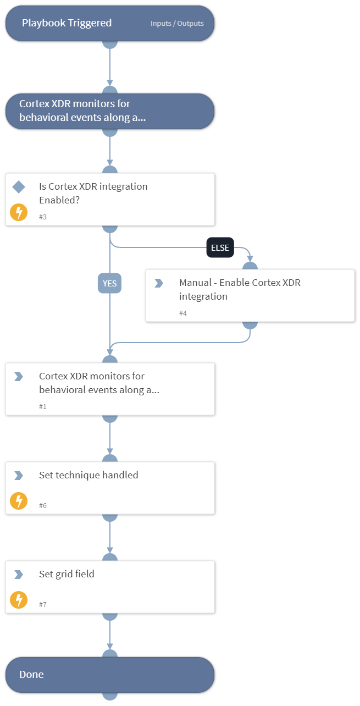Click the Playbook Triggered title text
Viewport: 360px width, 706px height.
[67, 23]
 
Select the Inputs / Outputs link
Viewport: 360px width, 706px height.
[177, 24]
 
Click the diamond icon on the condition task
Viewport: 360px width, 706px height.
[19, 187]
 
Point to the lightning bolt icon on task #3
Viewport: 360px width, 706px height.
[19, 212]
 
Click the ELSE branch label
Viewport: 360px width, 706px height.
[220, 248]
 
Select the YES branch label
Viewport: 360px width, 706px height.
[110, 283]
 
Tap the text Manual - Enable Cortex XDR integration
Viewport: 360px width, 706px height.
[240, 289]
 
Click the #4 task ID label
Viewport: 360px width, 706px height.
[183, 313]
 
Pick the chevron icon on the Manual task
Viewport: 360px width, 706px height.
[159, 283]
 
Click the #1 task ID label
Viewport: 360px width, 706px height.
[43, 406]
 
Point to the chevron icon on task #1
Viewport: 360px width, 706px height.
[19, 377]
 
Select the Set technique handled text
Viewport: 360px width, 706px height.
[88, 475]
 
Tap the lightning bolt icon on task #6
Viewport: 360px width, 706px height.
[19, 501]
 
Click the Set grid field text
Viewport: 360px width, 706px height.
[67, 574]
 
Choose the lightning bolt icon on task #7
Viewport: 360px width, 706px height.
[19, 600]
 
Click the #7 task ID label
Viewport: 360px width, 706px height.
[43, 604]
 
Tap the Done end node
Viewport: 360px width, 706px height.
[110, 675]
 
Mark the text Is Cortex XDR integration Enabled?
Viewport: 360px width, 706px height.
[93, 193]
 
